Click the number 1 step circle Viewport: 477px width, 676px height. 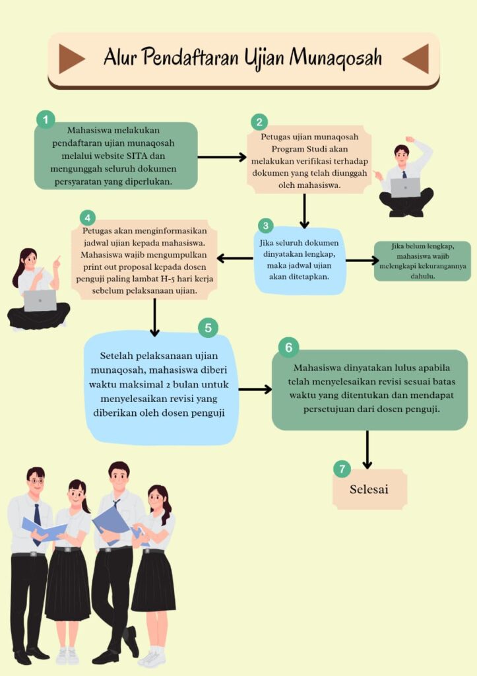click(x=46, y=119)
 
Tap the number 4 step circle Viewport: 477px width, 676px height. click(x=88, y=218)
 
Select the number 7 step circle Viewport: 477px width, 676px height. click(x=342, y=469)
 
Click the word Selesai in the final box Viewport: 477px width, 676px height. click(x=369, y=489)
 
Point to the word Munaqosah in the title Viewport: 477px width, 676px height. click(x=336, y=57)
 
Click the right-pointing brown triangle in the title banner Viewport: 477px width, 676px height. click(x=71, y=58)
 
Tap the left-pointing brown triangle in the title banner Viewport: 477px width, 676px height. click(x=416, y=58)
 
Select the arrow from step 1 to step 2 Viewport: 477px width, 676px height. click(x=222, y=157)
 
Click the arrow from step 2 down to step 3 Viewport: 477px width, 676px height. click(x=304, y=211)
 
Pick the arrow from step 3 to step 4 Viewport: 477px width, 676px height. click(x=235, y=258)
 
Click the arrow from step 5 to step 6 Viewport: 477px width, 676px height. click(x=255, y=389)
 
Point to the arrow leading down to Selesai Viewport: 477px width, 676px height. click(x=367, y=450)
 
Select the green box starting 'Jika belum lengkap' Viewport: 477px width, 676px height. click(x=422, y=261)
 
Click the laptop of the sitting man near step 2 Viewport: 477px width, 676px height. click(x=405, y=187)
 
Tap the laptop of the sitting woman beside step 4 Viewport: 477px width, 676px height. click(x=40, y=300)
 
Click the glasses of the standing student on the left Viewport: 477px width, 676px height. click(x=36, y=481)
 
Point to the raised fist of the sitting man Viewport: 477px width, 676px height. click(x=409, y=140)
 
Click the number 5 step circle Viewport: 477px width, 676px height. click(x=208, y=327)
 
